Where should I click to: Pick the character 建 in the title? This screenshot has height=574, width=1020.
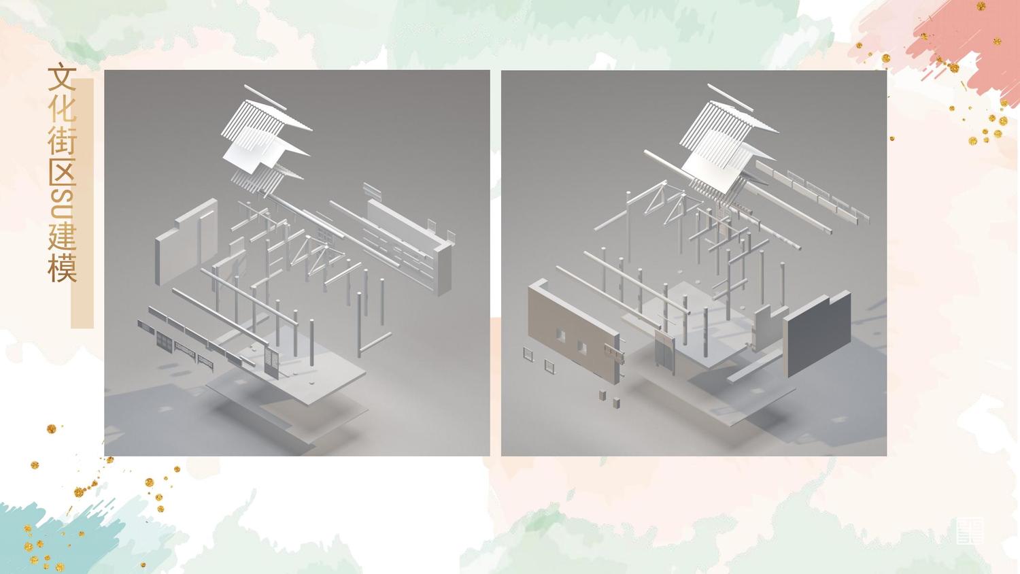point(61,237)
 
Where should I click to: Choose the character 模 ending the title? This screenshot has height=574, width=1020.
point(61,268)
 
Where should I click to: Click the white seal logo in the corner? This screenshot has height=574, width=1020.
point(970,530)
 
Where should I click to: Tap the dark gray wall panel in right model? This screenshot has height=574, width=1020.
point(817,333)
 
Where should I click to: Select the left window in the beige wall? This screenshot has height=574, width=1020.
point(560,335)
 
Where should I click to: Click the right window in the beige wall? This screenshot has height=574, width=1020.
point(582,347)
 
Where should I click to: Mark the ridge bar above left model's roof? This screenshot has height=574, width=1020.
point(265,97)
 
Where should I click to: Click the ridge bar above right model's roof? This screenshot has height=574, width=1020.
point(730,98)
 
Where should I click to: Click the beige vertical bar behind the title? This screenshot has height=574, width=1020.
point(82,203)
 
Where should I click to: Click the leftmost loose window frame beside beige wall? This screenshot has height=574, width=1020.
point(528,354)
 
